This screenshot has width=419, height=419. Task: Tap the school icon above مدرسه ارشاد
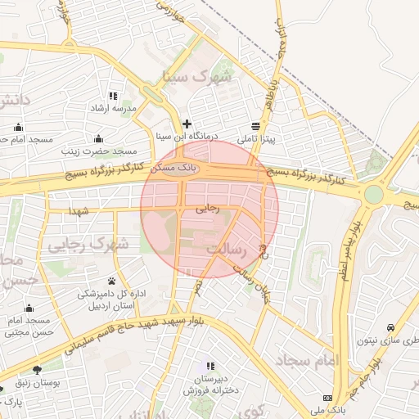pyautogui.click(x=112, y=96)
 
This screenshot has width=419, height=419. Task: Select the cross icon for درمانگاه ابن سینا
pyautogui.click(x=187, y=124)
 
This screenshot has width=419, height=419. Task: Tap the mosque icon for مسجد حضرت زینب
pyautogui.click(x=99, y=138)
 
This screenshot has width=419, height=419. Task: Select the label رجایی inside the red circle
pyautogui.click(x=208, y=209)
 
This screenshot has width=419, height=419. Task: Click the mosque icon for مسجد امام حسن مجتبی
pyautogui.click(x=29, y=309)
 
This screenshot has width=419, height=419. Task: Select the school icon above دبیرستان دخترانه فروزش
pyautogui.click(x=210, y=366)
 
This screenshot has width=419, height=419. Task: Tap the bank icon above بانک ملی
pyautogui.click(x=328, y=397)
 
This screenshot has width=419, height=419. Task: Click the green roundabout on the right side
pyautogui.click(x=374, y=195)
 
